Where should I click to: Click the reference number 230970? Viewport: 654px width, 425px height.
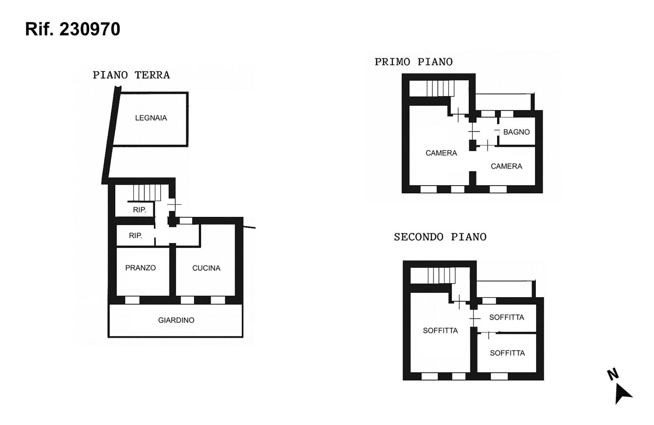90,29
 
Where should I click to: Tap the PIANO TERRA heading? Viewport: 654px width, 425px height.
131,75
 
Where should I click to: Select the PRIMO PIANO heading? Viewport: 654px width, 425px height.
414,62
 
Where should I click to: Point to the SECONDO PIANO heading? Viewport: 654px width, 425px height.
440,237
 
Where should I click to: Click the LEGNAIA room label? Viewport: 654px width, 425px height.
151,118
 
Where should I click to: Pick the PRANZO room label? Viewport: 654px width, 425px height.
141,268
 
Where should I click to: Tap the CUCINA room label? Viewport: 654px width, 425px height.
206,268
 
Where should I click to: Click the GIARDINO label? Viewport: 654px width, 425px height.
176,320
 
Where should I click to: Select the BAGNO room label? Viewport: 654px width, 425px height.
516,132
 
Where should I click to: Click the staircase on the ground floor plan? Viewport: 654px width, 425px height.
147,193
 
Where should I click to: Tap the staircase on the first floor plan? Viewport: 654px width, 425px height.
441,88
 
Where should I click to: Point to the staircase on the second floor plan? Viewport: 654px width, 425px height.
442,275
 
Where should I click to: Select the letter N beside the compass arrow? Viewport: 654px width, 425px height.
613,374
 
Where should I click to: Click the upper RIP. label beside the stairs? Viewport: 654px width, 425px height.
139,210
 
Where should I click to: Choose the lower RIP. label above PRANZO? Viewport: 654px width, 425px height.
135,235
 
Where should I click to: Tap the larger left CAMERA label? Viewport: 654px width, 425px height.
441,153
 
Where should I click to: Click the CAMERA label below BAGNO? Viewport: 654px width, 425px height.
506,166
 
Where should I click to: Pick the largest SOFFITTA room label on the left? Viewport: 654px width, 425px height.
440,331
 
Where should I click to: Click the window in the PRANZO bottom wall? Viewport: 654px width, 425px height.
132,300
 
